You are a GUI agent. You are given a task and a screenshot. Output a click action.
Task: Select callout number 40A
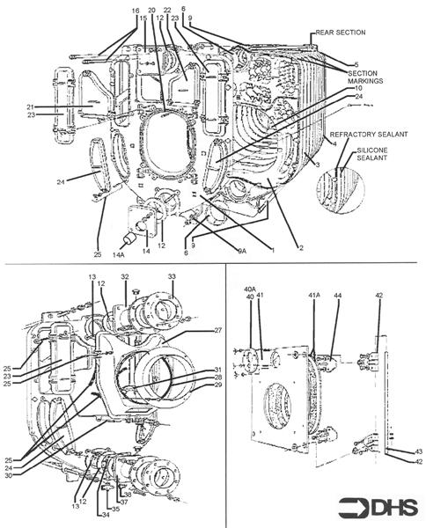[x=249, y=289]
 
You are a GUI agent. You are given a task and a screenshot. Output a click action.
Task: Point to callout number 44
[x=337, y=295]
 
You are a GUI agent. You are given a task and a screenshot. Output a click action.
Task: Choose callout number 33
[x=172, y=275]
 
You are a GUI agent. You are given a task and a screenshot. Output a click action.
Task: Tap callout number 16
[x=136, y=11]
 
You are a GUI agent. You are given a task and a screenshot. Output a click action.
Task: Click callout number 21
[x=31, y=107]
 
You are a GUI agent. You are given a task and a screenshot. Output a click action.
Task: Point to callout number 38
[x=126, y=495]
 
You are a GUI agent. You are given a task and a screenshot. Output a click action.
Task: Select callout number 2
[x=301, y=249]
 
